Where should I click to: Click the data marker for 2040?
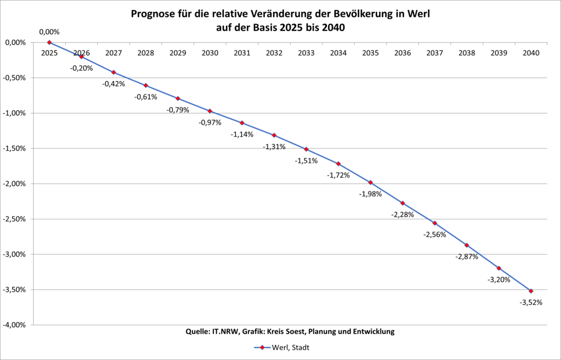coord(531,291)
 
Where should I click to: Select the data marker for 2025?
coord(49,43)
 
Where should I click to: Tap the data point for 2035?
coord(370,182)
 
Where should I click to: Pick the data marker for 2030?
coord(210,111)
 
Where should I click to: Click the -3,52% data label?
coord(531,302)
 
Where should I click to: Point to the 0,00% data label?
coord(49,32)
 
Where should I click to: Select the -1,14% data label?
coord(242,135)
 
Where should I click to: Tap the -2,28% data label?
coord(402,215)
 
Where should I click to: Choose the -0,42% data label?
coord(113,84)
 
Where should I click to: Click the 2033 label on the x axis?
coord(306,53)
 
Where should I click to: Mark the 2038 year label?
coord(467,53)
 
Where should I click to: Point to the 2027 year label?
coord(113,53)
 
